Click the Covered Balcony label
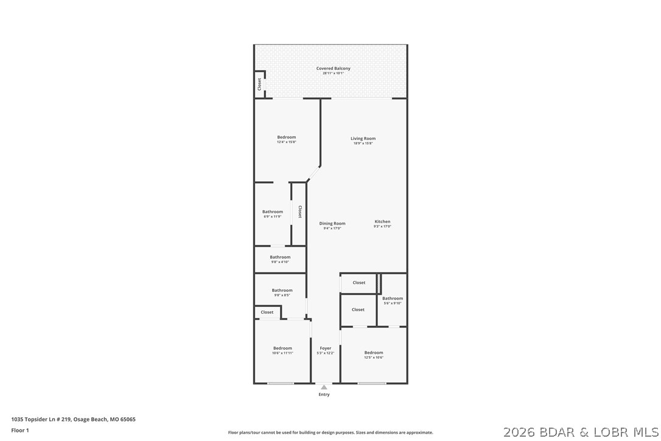coord(333,69)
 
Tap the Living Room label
coord(363,139)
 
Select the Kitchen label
coord(382,222)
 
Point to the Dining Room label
coord(332,224)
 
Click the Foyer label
coord(326,348)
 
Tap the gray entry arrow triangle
coord(324,387)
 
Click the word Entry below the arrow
coord(324,395)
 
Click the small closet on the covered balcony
coord(259,85)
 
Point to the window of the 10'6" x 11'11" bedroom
coord(281,383)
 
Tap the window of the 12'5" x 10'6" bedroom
coord(371,383)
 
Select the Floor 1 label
coord(20,430)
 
